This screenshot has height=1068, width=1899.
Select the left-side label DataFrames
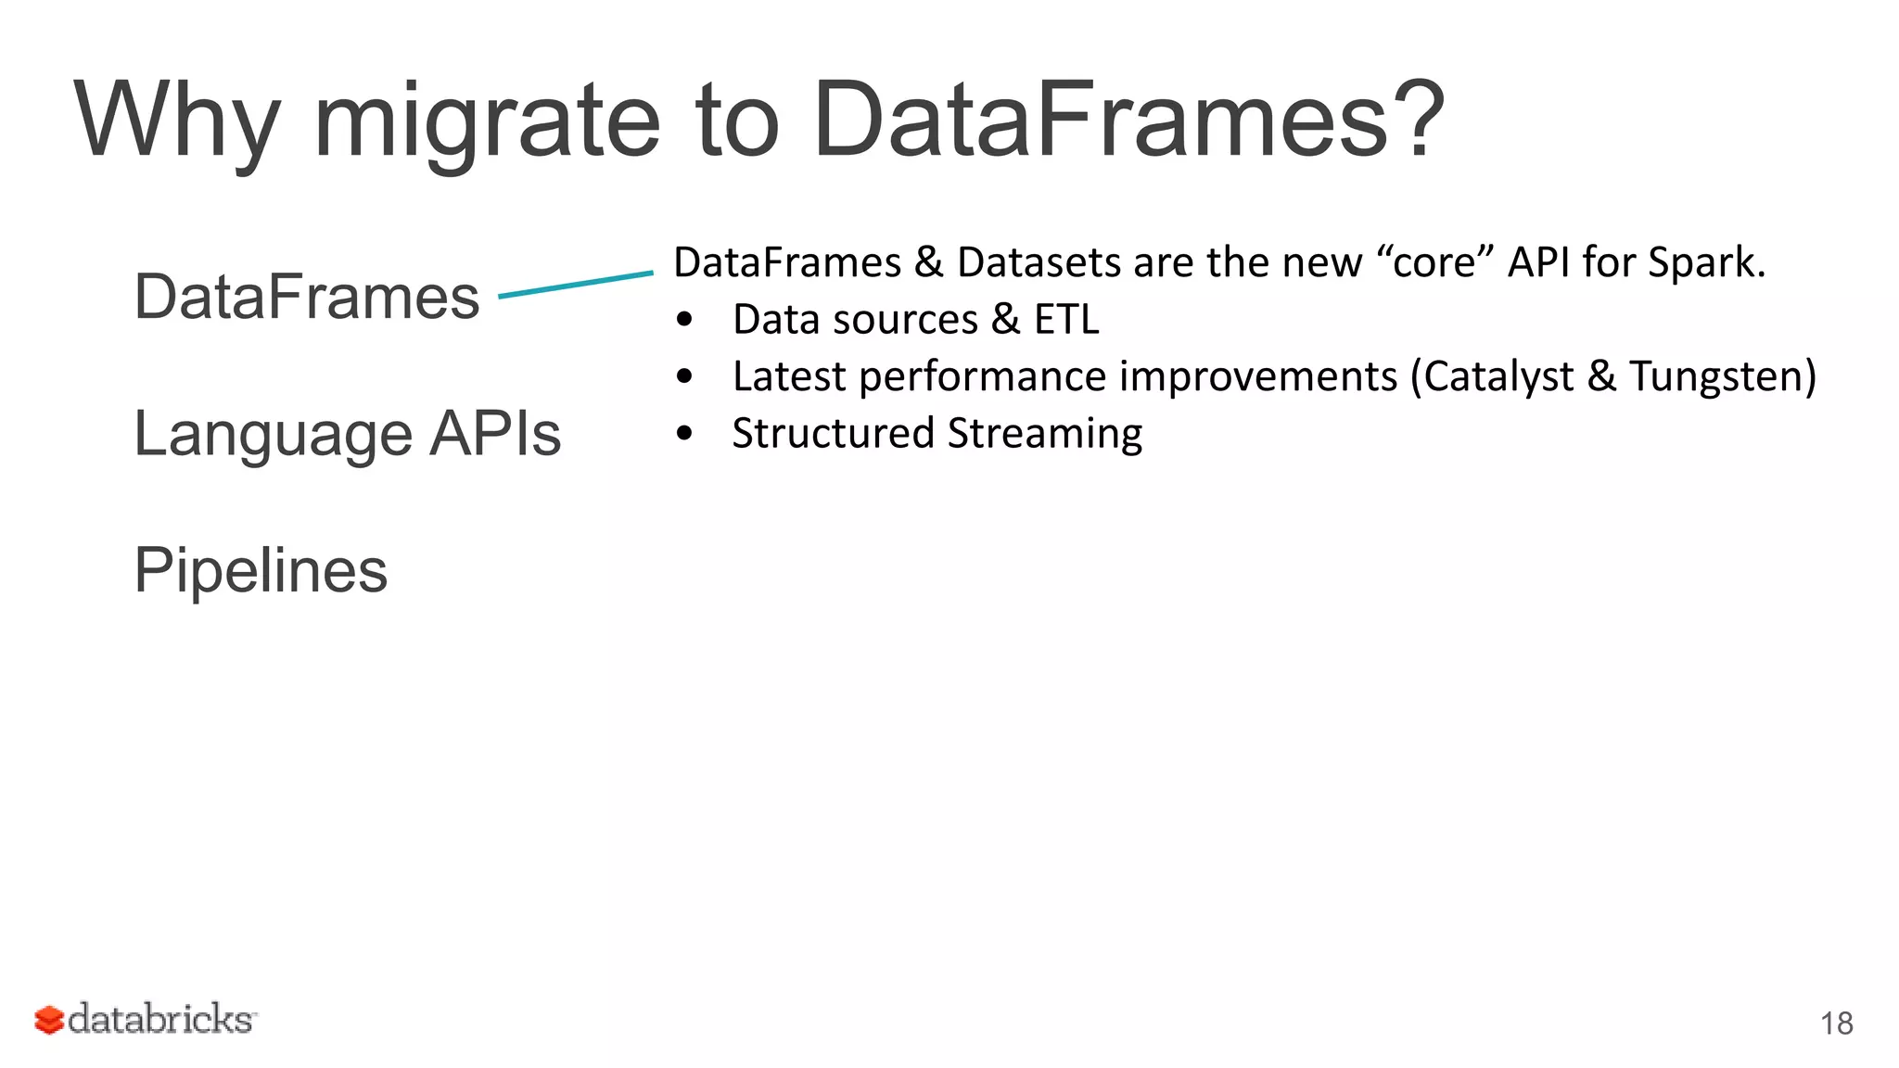307,297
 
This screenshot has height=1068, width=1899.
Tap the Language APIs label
348,433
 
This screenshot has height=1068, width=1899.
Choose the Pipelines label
261,569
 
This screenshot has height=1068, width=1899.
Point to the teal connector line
576,284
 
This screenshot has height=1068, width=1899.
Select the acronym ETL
1066,320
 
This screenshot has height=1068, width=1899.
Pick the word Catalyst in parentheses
1498,376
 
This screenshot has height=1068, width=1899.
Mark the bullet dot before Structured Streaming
684,434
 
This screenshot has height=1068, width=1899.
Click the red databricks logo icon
48,1020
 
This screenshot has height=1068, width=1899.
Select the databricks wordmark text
160,1019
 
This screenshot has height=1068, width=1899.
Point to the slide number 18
1836,1023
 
